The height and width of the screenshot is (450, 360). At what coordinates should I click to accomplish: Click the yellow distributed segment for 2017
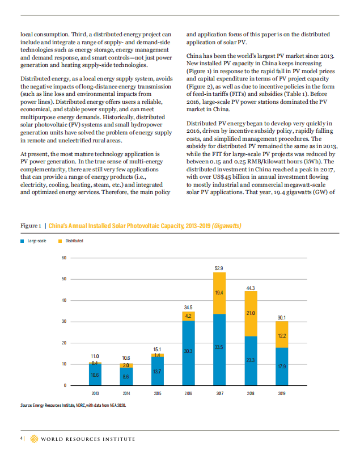(219, 293)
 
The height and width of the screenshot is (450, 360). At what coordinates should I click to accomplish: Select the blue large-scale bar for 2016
(188, 353)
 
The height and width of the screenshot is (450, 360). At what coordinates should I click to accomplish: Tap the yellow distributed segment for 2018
(251, 314)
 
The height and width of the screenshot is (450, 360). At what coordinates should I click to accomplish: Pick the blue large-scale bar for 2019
(282, 367)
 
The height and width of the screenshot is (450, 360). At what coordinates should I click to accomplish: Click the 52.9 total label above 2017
(219, 268)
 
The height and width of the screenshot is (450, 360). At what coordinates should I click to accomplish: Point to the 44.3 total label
(251, 288)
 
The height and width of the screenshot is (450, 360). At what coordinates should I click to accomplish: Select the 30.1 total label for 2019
(281, 318)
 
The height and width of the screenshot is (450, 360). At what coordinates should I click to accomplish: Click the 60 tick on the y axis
(64, 258)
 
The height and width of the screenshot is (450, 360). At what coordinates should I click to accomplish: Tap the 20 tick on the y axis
(64, 343)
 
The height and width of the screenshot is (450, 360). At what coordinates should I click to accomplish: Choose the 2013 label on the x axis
(95, 393)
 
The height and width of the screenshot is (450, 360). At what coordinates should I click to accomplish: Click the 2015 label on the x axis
(158, 393)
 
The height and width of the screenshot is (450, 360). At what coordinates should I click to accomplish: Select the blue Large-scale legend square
(22, 241)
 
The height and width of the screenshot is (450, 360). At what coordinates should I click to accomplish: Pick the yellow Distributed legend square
(60, 241)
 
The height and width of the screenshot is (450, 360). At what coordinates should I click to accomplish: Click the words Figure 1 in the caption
(31, 226)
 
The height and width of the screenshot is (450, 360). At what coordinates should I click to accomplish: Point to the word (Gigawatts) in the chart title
(227, 226)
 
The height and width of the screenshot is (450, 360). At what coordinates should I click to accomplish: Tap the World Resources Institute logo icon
(34, 439)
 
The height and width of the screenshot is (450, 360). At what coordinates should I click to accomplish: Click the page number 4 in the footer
(22, 439)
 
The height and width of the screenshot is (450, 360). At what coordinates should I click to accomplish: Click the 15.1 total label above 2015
(157, 349)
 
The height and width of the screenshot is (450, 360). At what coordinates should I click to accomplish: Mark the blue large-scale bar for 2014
(126, 377)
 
